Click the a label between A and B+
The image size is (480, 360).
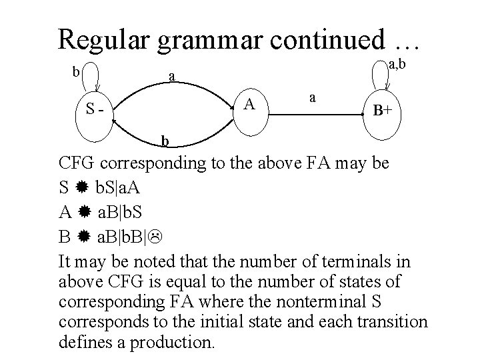coord(311,97)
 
